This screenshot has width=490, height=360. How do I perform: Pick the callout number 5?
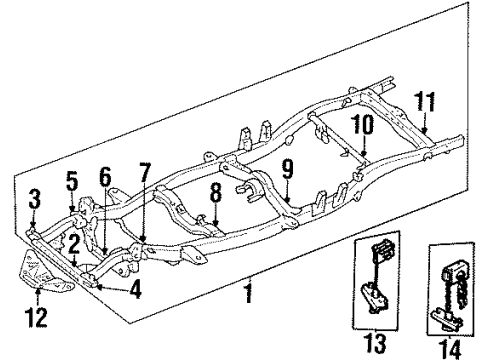[71, 182]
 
